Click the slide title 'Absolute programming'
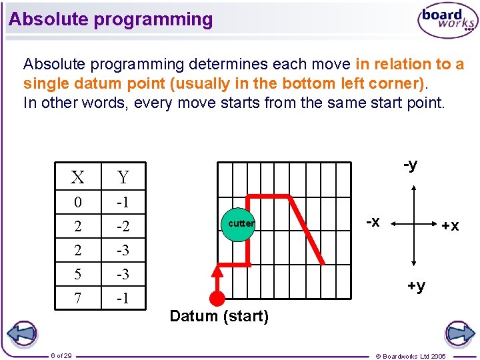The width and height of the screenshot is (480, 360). point(111,19)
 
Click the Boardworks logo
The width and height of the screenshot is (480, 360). point(447,21)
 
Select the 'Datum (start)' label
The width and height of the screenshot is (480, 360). point(219,317)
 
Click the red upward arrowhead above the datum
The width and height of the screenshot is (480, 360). point(217,271)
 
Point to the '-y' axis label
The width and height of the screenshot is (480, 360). point(411,165)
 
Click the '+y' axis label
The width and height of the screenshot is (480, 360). point(416,286)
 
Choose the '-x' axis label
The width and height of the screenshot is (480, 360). point(373,221)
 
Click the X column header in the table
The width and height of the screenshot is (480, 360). point(78,177)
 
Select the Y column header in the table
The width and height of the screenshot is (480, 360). point(123,177)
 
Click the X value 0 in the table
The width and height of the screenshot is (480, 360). point(78,202)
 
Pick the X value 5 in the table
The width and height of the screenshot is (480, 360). point(78,274)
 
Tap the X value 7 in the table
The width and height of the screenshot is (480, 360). point(78,298)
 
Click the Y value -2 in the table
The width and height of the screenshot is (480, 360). point(123,227)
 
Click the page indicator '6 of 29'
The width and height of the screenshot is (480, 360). point(61,355)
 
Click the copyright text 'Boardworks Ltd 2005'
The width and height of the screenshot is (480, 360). point(411,356)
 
